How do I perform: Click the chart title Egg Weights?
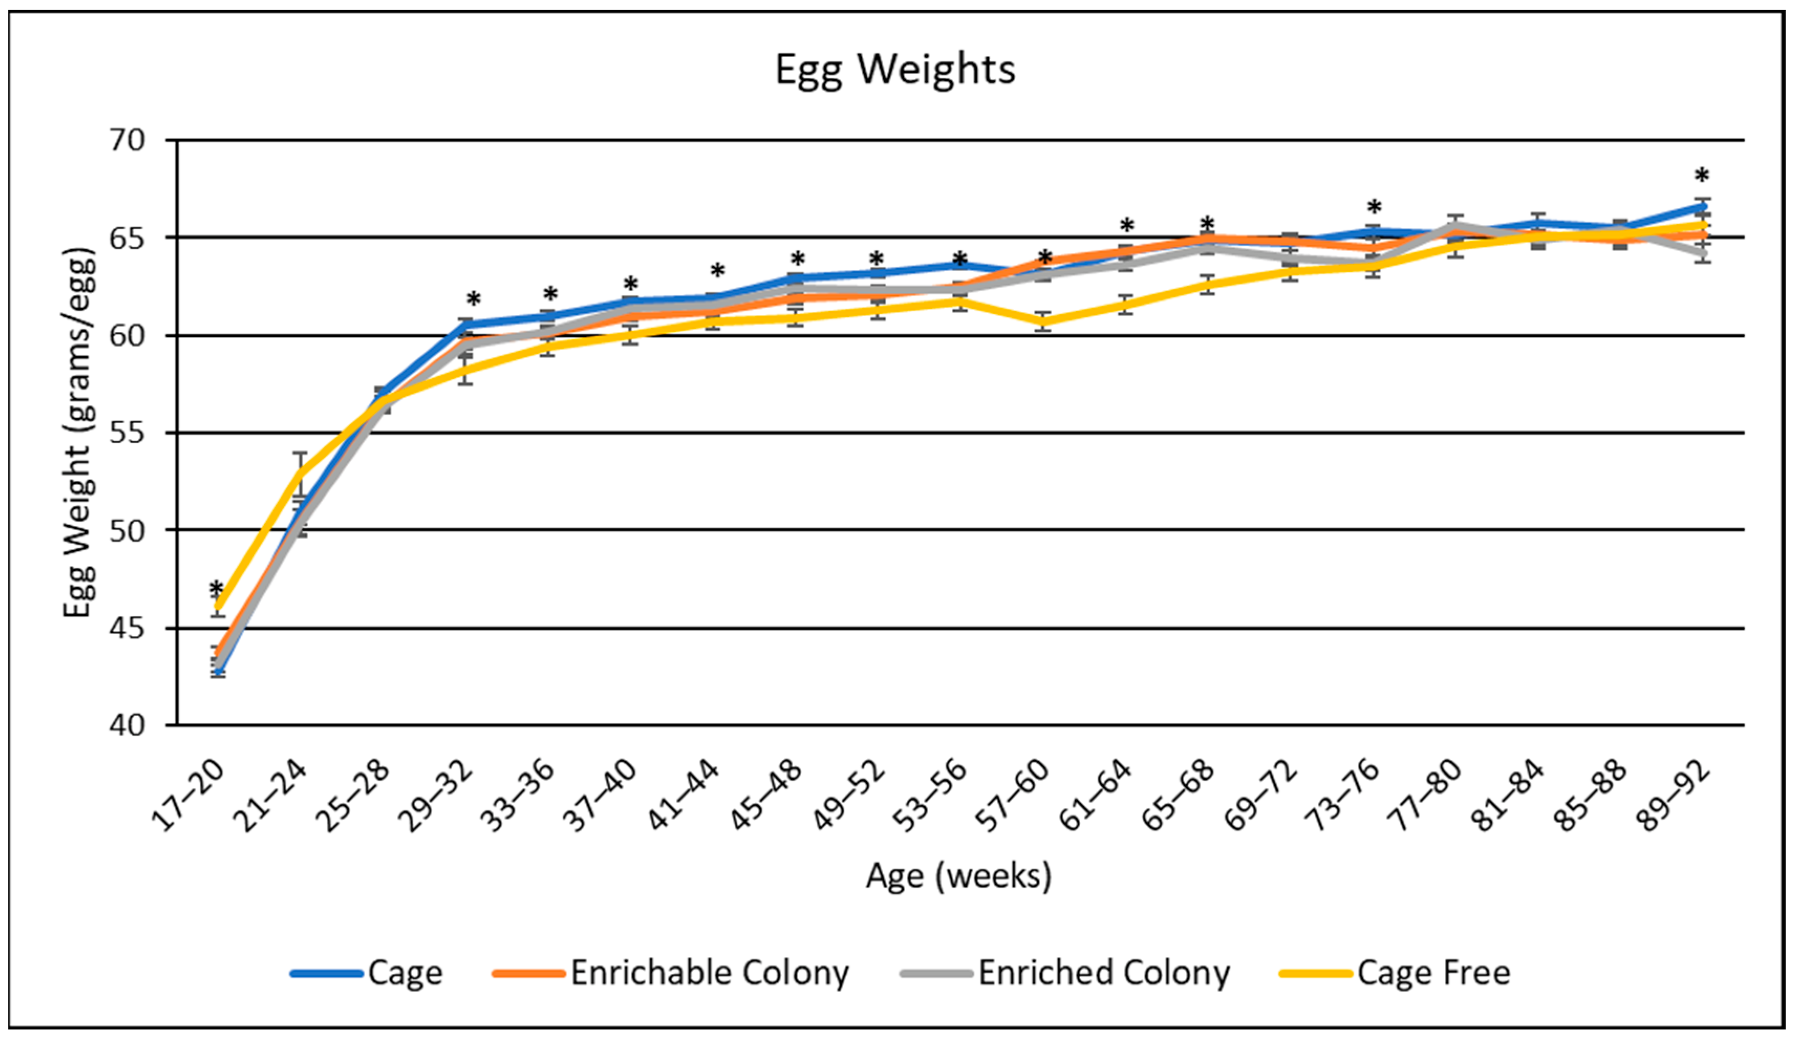(x=895, y=70)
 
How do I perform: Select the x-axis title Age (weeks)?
(x=958, y=876)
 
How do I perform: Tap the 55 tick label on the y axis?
(x=127, y=433)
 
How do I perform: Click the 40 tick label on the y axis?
(x=127, y=726)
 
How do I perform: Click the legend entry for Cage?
(x=404, y=973)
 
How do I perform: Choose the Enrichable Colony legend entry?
(x=709, y=973)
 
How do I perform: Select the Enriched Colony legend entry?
(x=1103, y=973)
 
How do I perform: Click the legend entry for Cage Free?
(x=1432, y=973)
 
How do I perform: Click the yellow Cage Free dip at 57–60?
(x=1043, y=321)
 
